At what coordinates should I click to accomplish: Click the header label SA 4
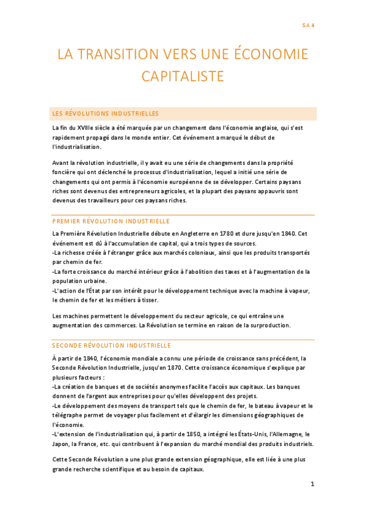click(x=308, y=25)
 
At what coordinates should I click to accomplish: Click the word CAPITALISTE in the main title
click(x=183, y=76)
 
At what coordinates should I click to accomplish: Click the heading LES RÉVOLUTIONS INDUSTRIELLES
click(x=106, y=114)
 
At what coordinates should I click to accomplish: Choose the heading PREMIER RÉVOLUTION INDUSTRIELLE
click(x=111, y=221)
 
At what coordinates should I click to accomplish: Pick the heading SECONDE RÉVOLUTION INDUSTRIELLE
click(x=112, y=345)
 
